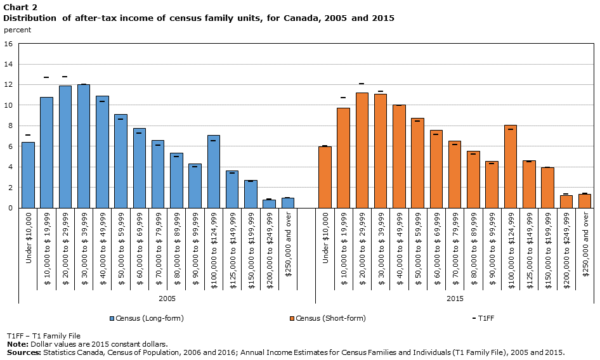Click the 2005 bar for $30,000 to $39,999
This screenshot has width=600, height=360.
click(84, 146)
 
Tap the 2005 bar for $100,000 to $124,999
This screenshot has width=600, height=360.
click(214, 171)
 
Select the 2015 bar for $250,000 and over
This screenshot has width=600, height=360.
click(585, 201)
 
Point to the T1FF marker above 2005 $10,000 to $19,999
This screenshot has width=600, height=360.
click(46, 77)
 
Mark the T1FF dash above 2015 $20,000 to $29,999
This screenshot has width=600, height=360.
click(362, 84)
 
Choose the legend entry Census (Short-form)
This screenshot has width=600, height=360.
click(328, 318)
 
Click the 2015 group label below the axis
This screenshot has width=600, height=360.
click(455, 298)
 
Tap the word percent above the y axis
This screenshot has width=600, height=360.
click(17, 30)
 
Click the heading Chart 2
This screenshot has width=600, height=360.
click(20, 7)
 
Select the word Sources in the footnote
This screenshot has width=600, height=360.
click(23, 352)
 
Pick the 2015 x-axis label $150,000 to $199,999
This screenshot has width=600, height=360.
click(548, 250)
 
